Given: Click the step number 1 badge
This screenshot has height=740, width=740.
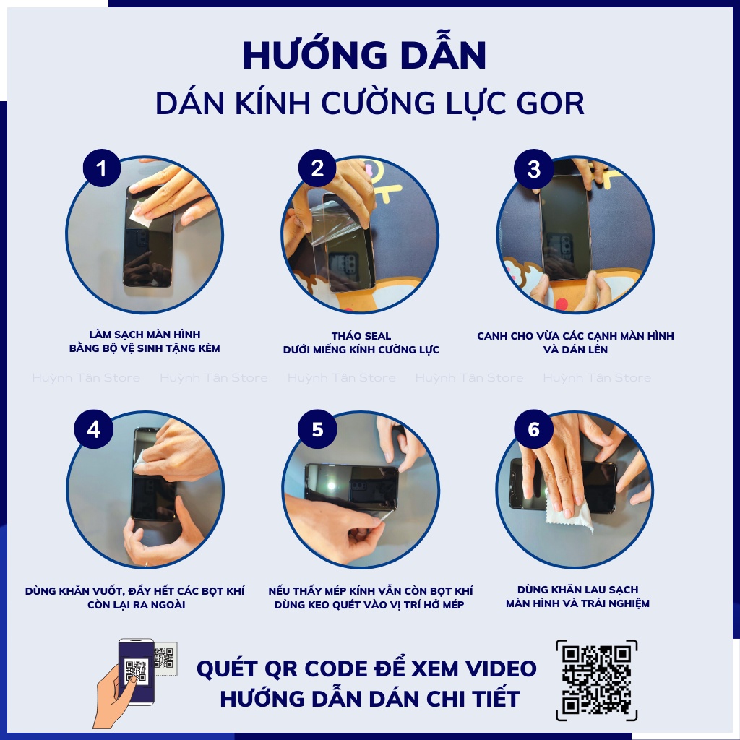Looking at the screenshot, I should click(x=101, y=169).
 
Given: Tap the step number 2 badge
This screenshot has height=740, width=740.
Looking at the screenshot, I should click(x=317, y=169).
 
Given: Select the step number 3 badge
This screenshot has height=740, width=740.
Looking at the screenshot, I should click(x=534, y=169).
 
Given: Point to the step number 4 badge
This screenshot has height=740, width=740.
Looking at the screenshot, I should click(x=94, y=429).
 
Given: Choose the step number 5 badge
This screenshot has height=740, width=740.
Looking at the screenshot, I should click(x=317, y=429).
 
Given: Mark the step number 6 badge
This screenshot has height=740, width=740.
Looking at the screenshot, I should click(x=534, y=429).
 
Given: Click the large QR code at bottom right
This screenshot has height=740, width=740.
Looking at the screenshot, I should click(x=597, y=679).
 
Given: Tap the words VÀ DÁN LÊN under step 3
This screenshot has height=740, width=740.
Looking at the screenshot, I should click(x=575, y=350).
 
